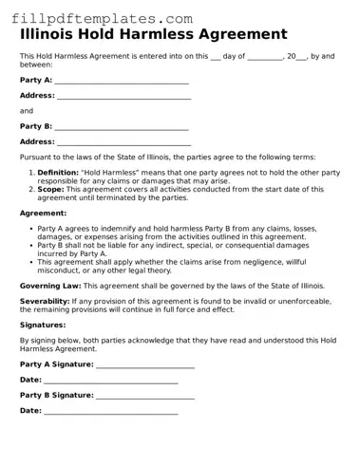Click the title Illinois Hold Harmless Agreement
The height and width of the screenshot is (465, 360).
[x=153, y=34]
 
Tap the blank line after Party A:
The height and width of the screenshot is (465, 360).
[x=122, y=82]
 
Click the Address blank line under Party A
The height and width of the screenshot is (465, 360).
[x=123, y=97]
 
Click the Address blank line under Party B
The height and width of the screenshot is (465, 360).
[x=123, y=142]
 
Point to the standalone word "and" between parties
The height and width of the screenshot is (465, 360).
[x=27, y=111]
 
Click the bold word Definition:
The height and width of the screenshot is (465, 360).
[x=58, y=173]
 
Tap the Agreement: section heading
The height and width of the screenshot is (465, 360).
[x=44, y=214]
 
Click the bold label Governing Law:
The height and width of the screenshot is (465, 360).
[x=50, y=285]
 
